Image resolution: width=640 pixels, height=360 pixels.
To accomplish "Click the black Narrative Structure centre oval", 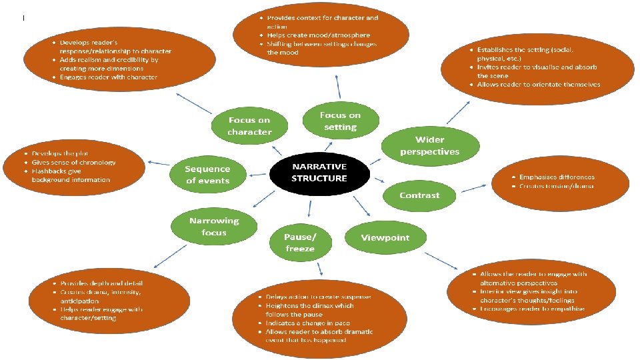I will [319, 173].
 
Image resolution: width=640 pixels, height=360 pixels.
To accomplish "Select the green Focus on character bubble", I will [249, 126].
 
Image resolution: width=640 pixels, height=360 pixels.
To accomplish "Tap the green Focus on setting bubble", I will [340, 121].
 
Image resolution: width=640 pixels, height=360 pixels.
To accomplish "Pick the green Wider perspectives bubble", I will [429, 145].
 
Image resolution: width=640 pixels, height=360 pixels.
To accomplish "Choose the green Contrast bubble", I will [419, 195].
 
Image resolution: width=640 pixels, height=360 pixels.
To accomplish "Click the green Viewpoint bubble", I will [385, 238].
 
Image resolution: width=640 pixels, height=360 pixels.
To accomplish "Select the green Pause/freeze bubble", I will [299, 243].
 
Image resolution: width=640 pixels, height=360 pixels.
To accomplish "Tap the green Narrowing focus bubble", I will [213, 227].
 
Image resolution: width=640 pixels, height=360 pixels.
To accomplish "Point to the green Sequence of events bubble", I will [207, 175].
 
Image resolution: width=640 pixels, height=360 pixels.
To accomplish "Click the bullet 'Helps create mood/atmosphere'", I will [318, 35].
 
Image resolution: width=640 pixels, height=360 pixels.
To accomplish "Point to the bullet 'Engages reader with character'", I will [109, 77].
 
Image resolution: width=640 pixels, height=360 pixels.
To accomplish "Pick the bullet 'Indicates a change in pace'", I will [308, 323].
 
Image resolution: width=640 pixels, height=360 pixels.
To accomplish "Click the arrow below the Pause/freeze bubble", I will [320, 268].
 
